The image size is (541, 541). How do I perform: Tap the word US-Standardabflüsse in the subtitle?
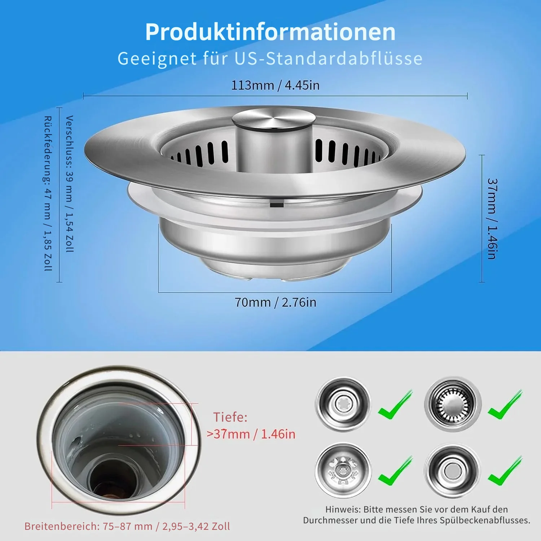coord(329,58)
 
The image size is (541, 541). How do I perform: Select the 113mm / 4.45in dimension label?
coord(275,85)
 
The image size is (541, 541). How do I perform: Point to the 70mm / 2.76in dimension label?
coord(276,302)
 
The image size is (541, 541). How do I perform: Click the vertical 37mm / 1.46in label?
coord(492,219)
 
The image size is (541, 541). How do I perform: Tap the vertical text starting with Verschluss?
coord(70,184)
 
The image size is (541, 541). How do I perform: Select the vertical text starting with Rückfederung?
coord(48,193)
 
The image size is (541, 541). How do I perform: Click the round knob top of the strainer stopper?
coord(273,119)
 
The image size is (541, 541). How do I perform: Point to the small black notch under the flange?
coord(277,205)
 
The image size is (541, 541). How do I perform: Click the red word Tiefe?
coord(230,417)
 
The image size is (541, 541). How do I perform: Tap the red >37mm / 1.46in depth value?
coord(251,434)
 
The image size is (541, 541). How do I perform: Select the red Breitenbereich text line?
coord(127,527)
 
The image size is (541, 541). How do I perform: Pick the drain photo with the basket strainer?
coord(453,404)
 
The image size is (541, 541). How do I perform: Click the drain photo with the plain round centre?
coord(452,471)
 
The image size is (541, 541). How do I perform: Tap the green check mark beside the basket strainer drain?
coord(505,405)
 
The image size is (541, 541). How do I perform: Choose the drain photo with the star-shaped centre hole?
coord(343,404)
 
